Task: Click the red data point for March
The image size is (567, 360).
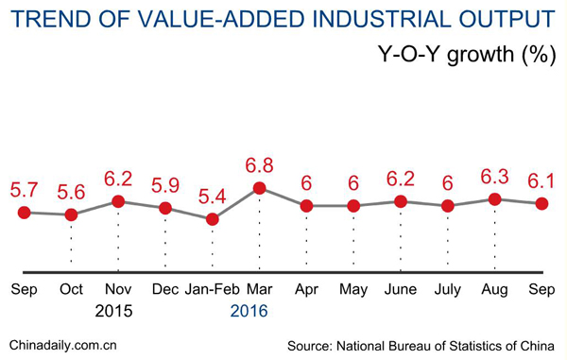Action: point(259,188)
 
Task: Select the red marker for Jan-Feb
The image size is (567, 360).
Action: point(212,219)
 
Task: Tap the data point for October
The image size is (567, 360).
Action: point(71,214)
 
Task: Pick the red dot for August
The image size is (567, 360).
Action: point(494,198)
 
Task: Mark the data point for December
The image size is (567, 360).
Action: point(164,208)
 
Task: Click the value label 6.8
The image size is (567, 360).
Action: point(260,164)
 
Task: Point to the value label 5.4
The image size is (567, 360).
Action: point(212,197)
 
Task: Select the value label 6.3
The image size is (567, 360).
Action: point(494,176)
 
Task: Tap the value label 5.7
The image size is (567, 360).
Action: point(24,189)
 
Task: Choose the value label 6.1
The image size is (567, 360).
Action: point(541,180)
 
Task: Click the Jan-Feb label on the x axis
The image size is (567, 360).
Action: point(212,289)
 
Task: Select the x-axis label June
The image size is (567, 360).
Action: point(401,289)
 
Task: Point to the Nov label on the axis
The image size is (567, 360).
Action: point(117,289)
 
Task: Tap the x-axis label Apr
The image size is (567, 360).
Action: point(306,289)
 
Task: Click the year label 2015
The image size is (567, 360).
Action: point(114,311)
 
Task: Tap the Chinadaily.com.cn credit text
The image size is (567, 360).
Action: point(62,346)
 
